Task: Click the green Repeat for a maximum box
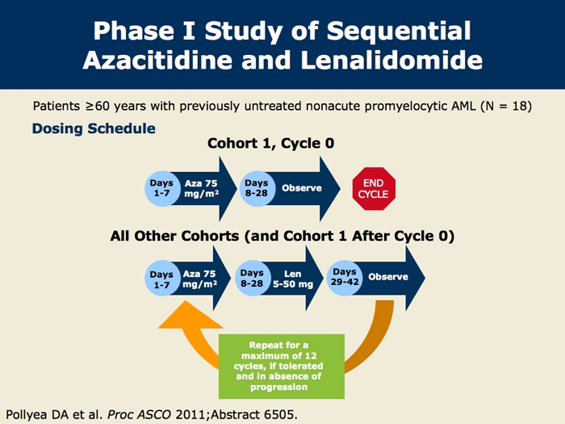(x=282, y=365)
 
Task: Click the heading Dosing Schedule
(x=94, y=128)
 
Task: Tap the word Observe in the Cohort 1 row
(x=301, y=188)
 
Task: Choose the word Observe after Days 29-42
(x=388, y=277)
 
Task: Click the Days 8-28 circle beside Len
(x=253, y=279)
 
